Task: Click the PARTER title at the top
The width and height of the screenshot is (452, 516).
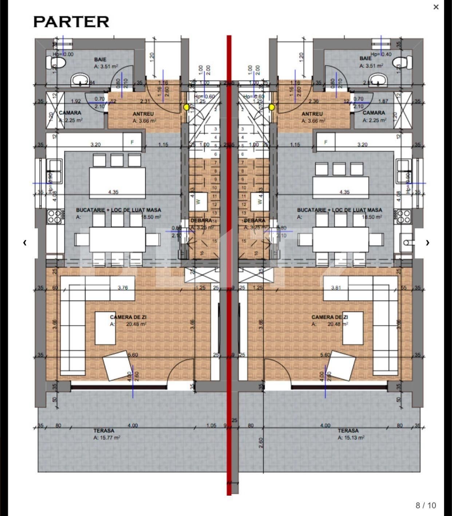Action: click(x=71, y=22)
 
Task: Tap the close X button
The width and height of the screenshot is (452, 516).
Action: click(x=436, y=7)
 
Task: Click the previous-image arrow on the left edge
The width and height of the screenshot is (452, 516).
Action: click(x=25, y=243)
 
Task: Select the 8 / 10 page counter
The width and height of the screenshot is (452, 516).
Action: click(x=425, y=505)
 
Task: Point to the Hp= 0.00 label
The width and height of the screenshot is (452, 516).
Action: click(x=63, y=54)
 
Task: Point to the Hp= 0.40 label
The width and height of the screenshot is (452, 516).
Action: click(x=381, y=54)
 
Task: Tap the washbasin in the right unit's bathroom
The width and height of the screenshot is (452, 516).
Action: click(x=378, y=79)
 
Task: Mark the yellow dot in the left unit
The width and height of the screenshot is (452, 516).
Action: click(x=186, y=107)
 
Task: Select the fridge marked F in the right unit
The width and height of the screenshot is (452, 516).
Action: click(x=326, y=142)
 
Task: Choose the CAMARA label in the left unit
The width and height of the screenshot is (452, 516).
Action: click(x=70, y=113)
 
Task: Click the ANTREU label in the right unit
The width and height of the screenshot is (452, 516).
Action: click(x=312, y=114)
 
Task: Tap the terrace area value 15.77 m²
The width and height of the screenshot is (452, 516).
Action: click(x=107, y=438)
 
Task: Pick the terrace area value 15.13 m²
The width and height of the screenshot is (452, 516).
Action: click(x=351, y=438)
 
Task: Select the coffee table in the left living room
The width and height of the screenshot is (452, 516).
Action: click(x=106, y=328)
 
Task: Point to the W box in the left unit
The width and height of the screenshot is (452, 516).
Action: click(x=198, y=201)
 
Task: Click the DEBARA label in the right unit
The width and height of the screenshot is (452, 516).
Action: click(x=254, y=220)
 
